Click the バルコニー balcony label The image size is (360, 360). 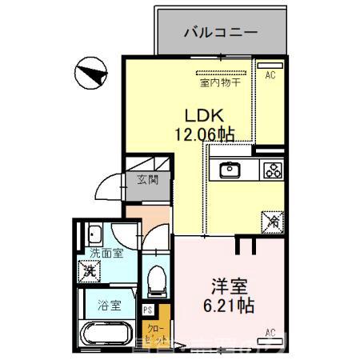219,32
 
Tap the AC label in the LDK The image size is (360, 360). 270,74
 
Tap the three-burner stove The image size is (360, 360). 272,170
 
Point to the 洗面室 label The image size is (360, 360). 106,254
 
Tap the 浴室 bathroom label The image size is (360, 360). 109,305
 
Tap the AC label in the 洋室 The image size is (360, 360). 270,332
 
